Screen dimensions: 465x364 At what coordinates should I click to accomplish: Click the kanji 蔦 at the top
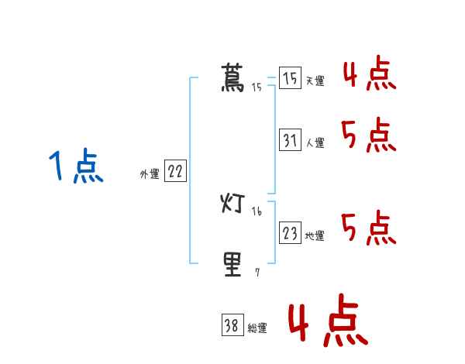pyautogui.click(x=232, y=78)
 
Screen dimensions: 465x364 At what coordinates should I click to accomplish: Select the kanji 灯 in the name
pyautogui.click(x=232, y=204)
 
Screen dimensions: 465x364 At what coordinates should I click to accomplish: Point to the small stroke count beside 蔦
pyautogui.click(x=257, y=88)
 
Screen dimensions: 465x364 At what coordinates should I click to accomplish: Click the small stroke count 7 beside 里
pyautogui.click(x=257, y=272)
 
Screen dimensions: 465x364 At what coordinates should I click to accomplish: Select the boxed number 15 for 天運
pyautogui.click(x=290, y=79)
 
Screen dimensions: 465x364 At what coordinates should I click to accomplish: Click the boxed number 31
pyautogui.click(x=290, y=140)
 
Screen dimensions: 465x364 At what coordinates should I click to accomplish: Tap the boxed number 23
pyautogui.click(x=290, y=233)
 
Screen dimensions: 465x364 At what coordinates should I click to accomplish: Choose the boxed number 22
pyautogui.click(x=175, y=172)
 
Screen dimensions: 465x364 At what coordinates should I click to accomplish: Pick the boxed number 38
pyautogui.click(x=232, y=326)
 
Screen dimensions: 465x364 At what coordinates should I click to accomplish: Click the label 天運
pyautogui.click(x=315, y=81)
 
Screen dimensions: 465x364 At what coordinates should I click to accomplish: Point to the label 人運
pyautogui.click(x=315, y=143)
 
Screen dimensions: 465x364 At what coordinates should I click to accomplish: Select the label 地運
pyautogui.click(x=315, y=235)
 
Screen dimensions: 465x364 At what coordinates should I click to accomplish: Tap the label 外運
pyautogui.click(x=150, y=174)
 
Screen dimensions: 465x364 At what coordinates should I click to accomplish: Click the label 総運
pyautogui.click(x=257, y=328)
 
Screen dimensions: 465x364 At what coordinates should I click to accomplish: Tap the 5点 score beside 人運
pyautogui.click(x=369, y=136)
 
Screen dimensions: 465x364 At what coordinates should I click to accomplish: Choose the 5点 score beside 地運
pyautogui.click(x=369, y=228)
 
